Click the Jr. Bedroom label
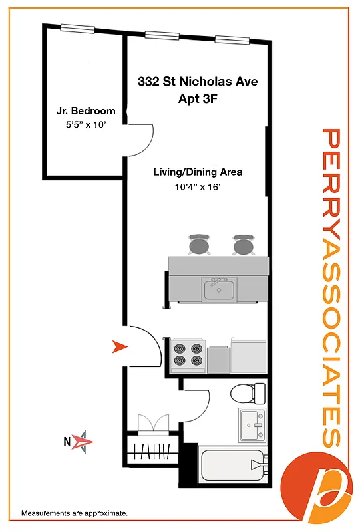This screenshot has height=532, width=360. [85, 111]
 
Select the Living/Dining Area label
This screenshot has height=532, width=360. [198, 172]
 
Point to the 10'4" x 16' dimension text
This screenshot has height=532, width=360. [198, 187]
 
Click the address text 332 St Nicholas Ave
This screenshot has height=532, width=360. [198, 82]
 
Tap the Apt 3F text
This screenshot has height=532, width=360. [198, 99]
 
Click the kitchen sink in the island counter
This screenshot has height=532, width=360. [219, 289]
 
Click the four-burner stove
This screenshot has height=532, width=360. [188, 355]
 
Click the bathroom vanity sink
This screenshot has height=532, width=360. [252, 424]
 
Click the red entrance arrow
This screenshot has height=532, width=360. [119, 346]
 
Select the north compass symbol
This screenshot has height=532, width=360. [83, 440]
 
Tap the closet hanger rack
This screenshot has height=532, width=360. [152, 454]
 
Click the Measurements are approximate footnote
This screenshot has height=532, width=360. [75, 513]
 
